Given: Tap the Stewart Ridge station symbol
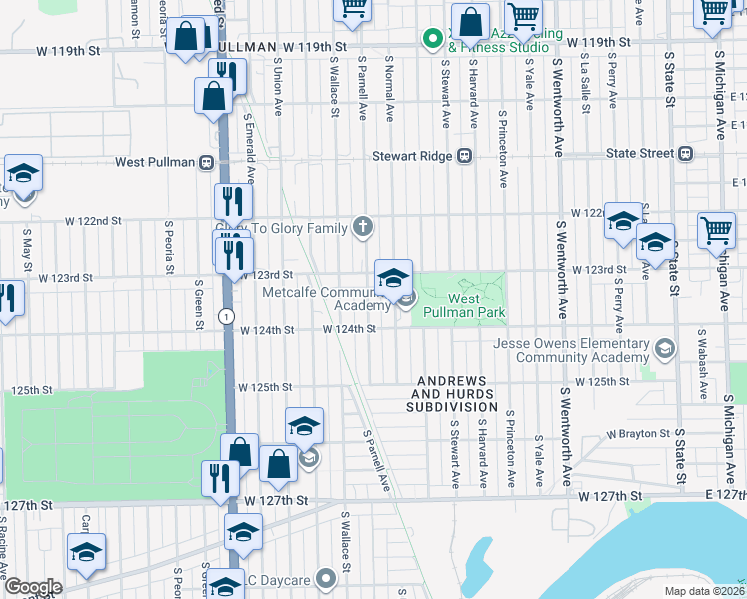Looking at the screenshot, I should pos(464,156).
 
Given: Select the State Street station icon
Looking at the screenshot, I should pos(685,154).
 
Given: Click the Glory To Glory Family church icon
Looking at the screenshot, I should pos(365,229).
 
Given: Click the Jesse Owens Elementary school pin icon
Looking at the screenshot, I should pos(664,348).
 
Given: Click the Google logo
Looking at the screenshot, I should pos(33,587).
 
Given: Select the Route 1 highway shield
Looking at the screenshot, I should pos(229,315).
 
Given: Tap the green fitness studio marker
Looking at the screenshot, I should pos(432,40).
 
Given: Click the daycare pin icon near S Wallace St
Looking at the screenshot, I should pos(325,578).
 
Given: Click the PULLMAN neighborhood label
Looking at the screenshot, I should pos(244,47).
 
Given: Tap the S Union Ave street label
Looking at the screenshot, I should pos(278,86).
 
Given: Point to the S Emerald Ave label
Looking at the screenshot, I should pos(250,150).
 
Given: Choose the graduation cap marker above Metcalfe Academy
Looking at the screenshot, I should pos(394,277).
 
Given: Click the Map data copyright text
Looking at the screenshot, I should pos(704,591).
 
